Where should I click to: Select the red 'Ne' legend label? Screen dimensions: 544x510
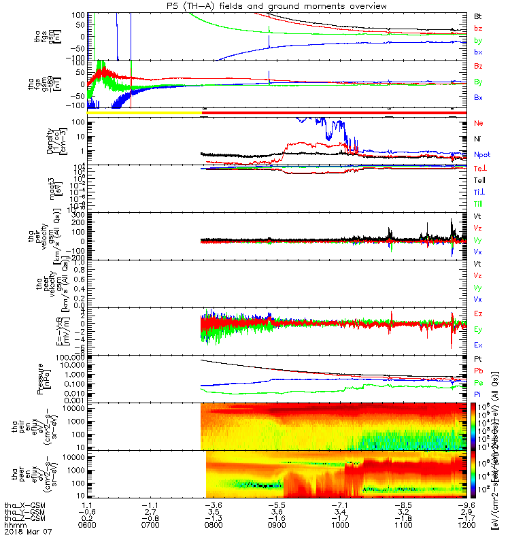(x=478, y=124)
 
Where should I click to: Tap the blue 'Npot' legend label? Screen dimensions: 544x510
(x=481, y=154)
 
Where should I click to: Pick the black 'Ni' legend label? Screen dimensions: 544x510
(x=477, y=139)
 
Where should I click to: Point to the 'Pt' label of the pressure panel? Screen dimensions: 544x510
(x=477, y=358)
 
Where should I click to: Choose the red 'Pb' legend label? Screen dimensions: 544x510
(x=478, y=370)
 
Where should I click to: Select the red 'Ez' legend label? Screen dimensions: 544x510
(x=478, y=313)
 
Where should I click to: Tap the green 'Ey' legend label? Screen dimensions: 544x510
(x=478, y=330)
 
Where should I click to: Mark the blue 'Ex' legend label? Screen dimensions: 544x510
(x=478, y=345)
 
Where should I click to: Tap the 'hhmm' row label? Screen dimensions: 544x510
(x=13, y=525)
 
